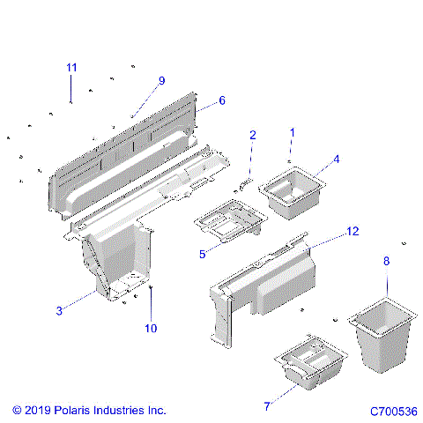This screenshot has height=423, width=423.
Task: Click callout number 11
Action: [71, 68]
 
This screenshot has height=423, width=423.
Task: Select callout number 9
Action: [161, 80]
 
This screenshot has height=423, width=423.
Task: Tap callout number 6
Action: [221, 100]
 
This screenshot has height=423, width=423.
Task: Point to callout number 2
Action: [252, 135]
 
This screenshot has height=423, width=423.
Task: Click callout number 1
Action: [293, 132]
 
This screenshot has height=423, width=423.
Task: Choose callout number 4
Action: [336, 160]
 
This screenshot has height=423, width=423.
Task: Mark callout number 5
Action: [202, 254]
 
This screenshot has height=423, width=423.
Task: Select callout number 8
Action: [385, 261]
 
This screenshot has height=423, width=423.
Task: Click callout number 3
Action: [59, 310]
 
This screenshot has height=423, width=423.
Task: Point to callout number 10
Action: [151, 329]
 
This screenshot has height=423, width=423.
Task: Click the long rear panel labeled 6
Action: [123, 150]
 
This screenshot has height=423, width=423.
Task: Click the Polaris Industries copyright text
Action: [89, 411]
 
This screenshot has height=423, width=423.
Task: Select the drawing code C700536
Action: [393, 412]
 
